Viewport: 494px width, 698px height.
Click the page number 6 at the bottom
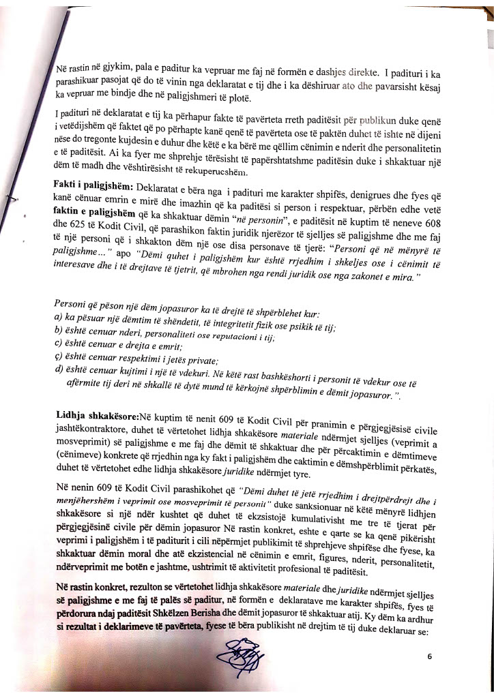430,657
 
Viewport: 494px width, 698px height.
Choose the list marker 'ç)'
59,360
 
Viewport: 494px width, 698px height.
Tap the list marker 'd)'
60,371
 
